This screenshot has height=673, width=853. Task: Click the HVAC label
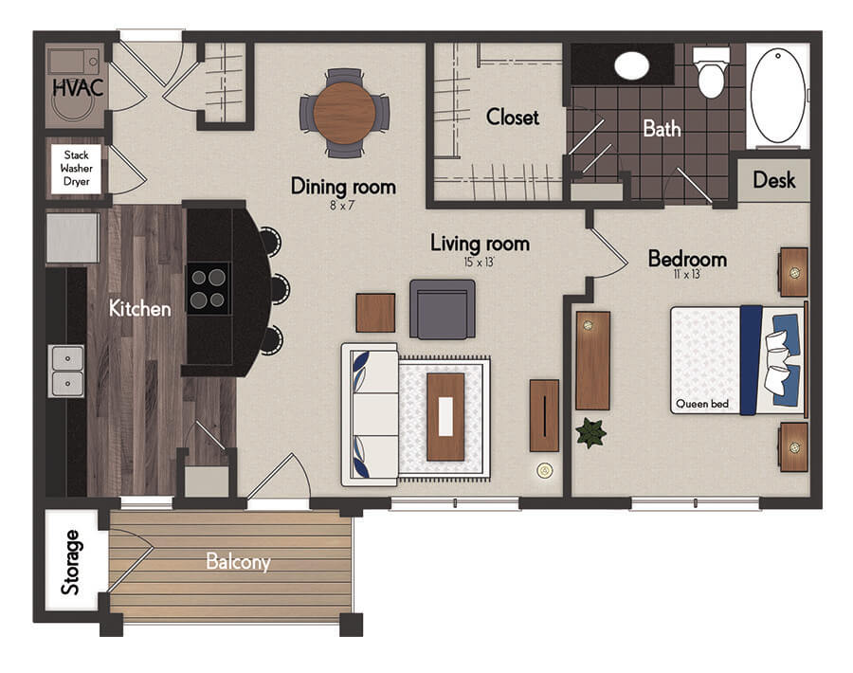point(78,87)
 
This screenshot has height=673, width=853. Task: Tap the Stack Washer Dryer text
point(76,168)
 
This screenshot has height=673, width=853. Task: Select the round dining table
point(344,113)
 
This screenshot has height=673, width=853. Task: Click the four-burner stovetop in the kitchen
point(209,289)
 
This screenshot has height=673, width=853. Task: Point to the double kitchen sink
point(67,371)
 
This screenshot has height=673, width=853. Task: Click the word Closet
point(513,117)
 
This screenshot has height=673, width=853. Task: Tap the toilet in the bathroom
point(711,72)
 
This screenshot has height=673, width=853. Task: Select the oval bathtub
point(778,95)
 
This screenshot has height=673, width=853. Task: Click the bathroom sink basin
point(631,65)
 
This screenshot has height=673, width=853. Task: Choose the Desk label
point(774,179)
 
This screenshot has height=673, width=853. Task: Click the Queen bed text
point(701,404)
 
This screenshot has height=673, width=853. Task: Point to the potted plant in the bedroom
point(590,432)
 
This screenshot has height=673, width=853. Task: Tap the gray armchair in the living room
point(443,309)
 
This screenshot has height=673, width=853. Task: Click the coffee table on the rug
point(445,417)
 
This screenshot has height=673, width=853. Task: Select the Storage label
point(71,562)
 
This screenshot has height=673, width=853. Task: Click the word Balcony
point(238,561)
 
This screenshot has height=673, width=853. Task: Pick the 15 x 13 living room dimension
point(479,262)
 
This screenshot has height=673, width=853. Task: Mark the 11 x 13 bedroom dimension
point(687,274)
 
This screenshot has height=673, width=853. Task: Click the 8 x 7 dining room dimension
point(342,205)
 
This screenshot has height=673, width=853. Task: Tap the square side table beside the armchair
point(376,313)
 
